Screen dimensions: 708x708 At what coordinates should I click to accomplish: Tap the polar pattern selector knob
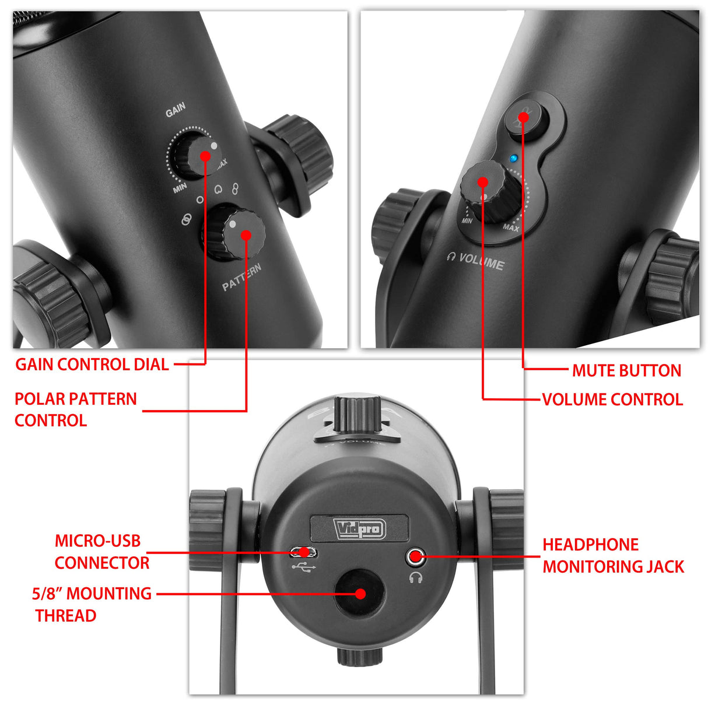234,234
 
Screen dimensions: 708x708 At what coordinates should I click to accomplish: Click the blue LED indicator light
513,159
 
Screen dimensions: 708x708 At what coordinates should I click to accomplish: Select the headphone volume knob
490,191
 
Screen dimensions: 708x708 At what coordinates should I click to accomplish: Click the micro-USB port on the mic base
303,552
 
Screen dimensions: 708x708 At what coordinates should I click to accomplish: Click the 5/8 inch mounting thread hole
359,593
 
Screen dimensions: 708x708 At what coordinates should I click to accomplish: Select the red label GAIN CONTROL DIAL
92,364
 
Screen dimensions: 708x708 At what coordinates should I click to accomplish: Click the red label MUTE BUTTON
627,370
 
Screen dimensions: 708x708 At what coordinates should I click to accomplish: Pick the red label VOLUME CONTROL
612,399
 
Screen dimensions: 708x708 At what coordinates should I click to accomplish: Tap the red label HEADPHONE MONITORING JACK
613,556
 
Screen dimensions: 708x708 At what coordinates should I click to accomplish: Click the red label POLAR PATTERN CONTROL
75,409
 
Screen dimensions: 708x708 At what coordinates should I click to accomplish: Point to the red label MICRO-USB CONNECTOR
102,552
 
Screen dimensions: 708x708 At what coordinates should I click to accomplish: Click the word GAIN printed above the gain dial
176,110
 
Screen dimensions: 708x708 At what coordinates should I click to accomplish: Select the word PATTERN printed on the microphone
242,277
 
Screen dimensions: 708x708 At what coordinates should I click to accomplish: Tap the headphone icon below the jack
416,577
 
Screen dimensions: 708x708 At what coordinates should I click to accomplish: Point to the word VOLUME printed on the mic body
481,262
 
